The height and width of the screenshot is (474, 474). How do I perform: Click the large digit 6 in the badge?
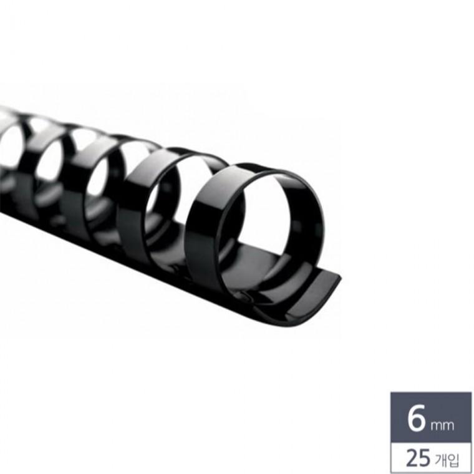[x=416, y=418]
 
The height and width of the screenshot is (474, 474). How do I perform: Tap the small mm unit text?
[x=442, y=425]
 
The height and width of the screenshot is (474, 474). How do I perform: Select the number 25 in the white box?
[x=418, y=458]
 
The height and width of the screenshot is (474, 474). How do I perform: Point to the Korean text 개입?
[x=447, y=460]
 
